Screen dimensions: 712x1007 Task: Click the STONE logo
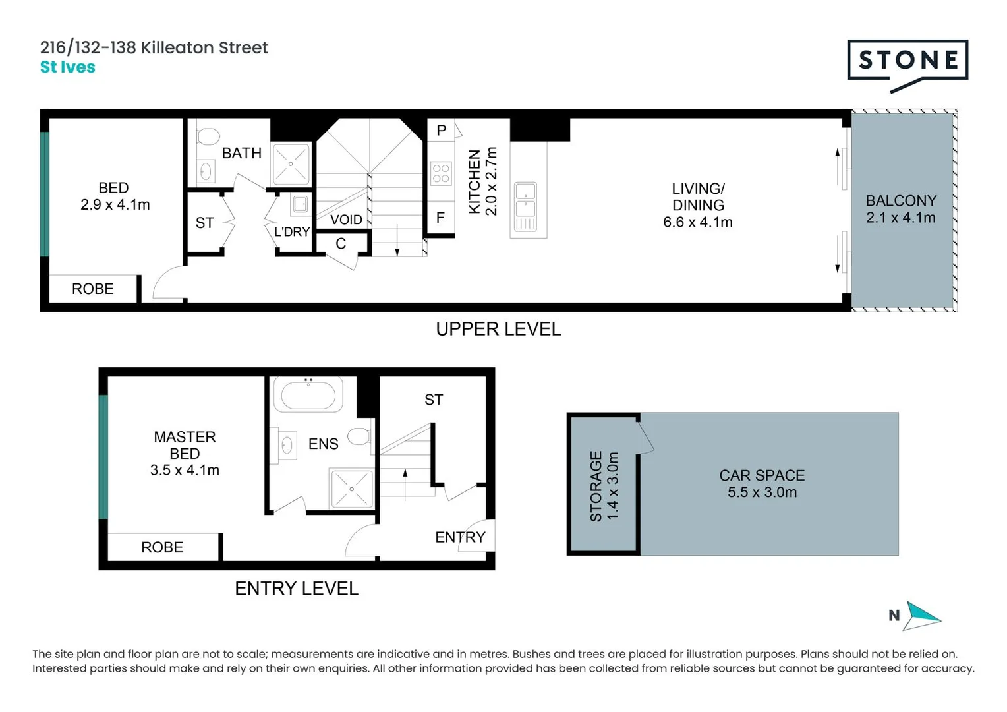click(x=907, y=61)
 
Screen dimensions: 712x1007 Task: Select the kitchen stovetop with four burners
click(x=441, y=173)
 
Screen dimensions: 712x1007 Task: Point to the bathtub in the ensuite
click(x=308, y=396)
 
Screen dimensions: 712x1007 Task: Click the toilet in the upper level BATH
click(x=208, y=136)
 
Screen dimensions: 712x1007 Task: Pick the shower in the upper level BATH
click(x=291, y=163)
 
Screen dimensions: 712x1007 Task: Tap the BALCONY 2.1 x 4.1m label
click(x=900, y=209)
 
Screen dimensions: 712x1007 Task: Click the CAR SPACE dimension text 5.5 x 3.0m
click(x=762, y=492)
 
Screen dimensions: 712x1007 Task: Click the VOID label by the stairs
click(x=346, y=220)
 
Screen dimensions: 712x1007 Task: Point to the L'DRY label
click(x=292, y=232)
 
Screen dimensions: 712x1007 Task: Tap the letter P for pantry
click(x=441, y=131)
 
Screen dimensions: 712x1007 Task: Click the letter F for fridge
click(x=440, y=218)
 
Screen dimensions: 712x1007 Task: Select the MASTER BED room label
click(x=185, y=445)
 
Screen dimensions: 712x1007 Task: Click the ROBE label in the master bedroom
click(x=162, y=547)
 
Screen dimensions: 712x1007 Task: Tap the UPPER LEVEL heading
click(x=498, y=329)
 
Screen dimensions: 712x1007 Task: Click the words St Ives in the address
click(x=67, y=67)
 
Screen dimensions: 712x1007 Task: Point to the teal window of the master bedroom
click(x=103, y=457)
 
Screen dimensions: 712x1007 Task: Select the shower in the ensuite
click(x=351, y=489)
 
